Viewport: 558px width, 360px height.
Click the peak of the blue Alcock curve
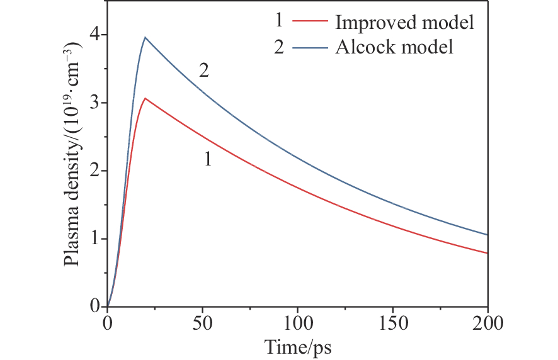[145, 37]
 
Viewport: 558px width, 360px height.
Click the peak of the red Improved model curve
[145, 98]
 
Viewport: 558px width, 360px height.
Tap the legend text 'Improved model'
[404, 23]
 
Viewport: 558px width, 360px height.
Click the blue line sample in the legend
[310, 47]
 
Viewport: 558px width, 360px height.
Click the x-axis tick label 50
[202, 323]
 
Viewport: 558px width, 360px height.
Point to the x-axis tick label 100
[297, 323]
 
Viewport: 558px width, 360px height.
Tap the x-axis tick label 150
[392, 323]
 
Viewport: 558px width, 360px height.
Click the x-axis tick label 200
[487, 323]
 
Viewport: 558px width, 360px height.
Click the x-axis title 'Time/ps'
[298, 346]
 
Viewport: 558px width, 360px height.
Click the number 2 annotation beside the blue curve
[204, 71]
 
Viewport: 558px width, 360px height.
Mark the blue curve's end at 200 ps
[487, 235]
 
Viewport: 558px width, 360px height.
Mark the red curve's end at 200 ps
[487, 253]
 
